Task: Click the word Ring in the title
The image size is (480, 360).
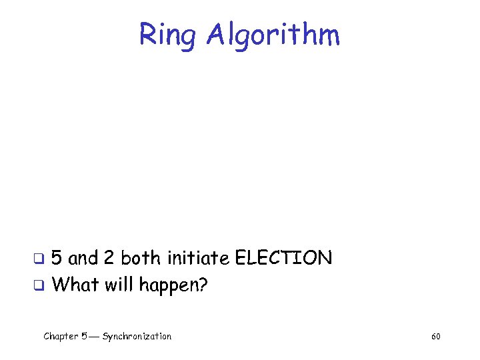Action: pyautogui.click(x=167, y=35)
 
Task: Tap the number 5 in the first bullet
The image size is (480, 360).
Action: pyautogui.click(x=58, y=258)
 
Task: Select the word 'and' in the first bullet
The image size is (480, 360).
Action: pyautogui.click(x=83, y=258)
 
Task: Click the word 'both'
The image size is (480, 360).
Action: pyautogui.click(x=141, y=258)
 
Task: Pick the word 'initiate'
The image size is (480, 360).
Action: pyautogui.click(x=198, y=258)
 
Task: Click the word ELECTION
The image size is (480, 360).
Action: pyautogui.click(x=283, y=258)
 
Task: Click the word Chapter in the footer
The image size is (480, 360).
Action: pyautogui.click(x=60, y=337)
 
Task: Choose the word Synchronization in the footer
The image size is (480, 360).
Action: pyautogui.click(x=137, y=337)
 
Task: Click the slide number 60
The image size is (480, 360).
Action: pyautogui.click(x=435, y=337)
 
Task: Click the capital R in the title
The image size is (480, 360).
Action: pyautogui.click(x=147, y=35)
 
